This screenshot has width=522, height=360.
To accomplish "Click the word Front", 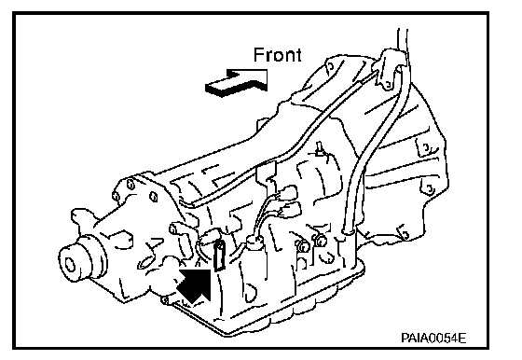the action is pyautogui.click(x=278, y=55).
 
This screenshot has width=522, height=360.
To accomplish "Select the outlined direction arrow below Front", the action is pyautogui.click(x=237, y=83).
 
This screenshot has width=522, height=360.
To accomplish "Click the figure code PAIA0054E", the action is pyautogui.click(x=433, y=338).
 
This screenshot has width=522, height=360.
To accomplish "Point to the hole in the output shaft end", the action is pyautogui.click(x=70, y=265).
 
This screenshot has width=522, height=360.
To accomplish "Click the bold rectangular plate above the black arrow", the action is pyautogui.click(x=219, y=255).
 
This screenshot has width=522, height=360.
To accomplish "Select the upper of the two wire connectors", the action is pyautogui.click(x=288, y=193).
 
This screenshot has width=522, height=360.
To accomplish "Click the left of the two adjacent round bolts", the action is pyautogui.click(x=302, y=245).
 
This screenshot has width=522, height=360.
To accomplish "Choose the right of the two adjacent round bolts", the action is pyautogui.click(x=321, y=240).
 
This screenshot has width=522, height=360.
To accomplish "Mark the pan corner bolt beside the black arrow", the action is pyautogui.click(x=164, y=300).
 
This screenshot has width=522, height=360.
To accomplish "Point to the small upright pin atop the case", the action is pyautogui.click(x=320, y=148).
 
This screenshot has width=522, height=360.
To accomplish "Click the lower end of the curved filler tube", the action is pyautogui.click(x=348, y=229).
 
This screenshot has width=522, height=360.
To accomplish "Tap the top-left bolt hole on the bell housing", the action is pyautogui.click(x=330, y=65).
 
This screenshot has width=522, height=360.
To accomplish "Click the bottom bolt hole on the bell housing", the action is pyautogui.click(x=405, y=235).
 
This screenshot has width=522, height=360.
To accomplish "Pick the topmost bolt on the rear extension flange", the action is pyautogui.click(x=130, y=184).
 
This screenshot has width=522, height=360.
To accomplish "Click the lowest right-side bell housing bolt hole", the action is pyautogui.click(x=430, y=189).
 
